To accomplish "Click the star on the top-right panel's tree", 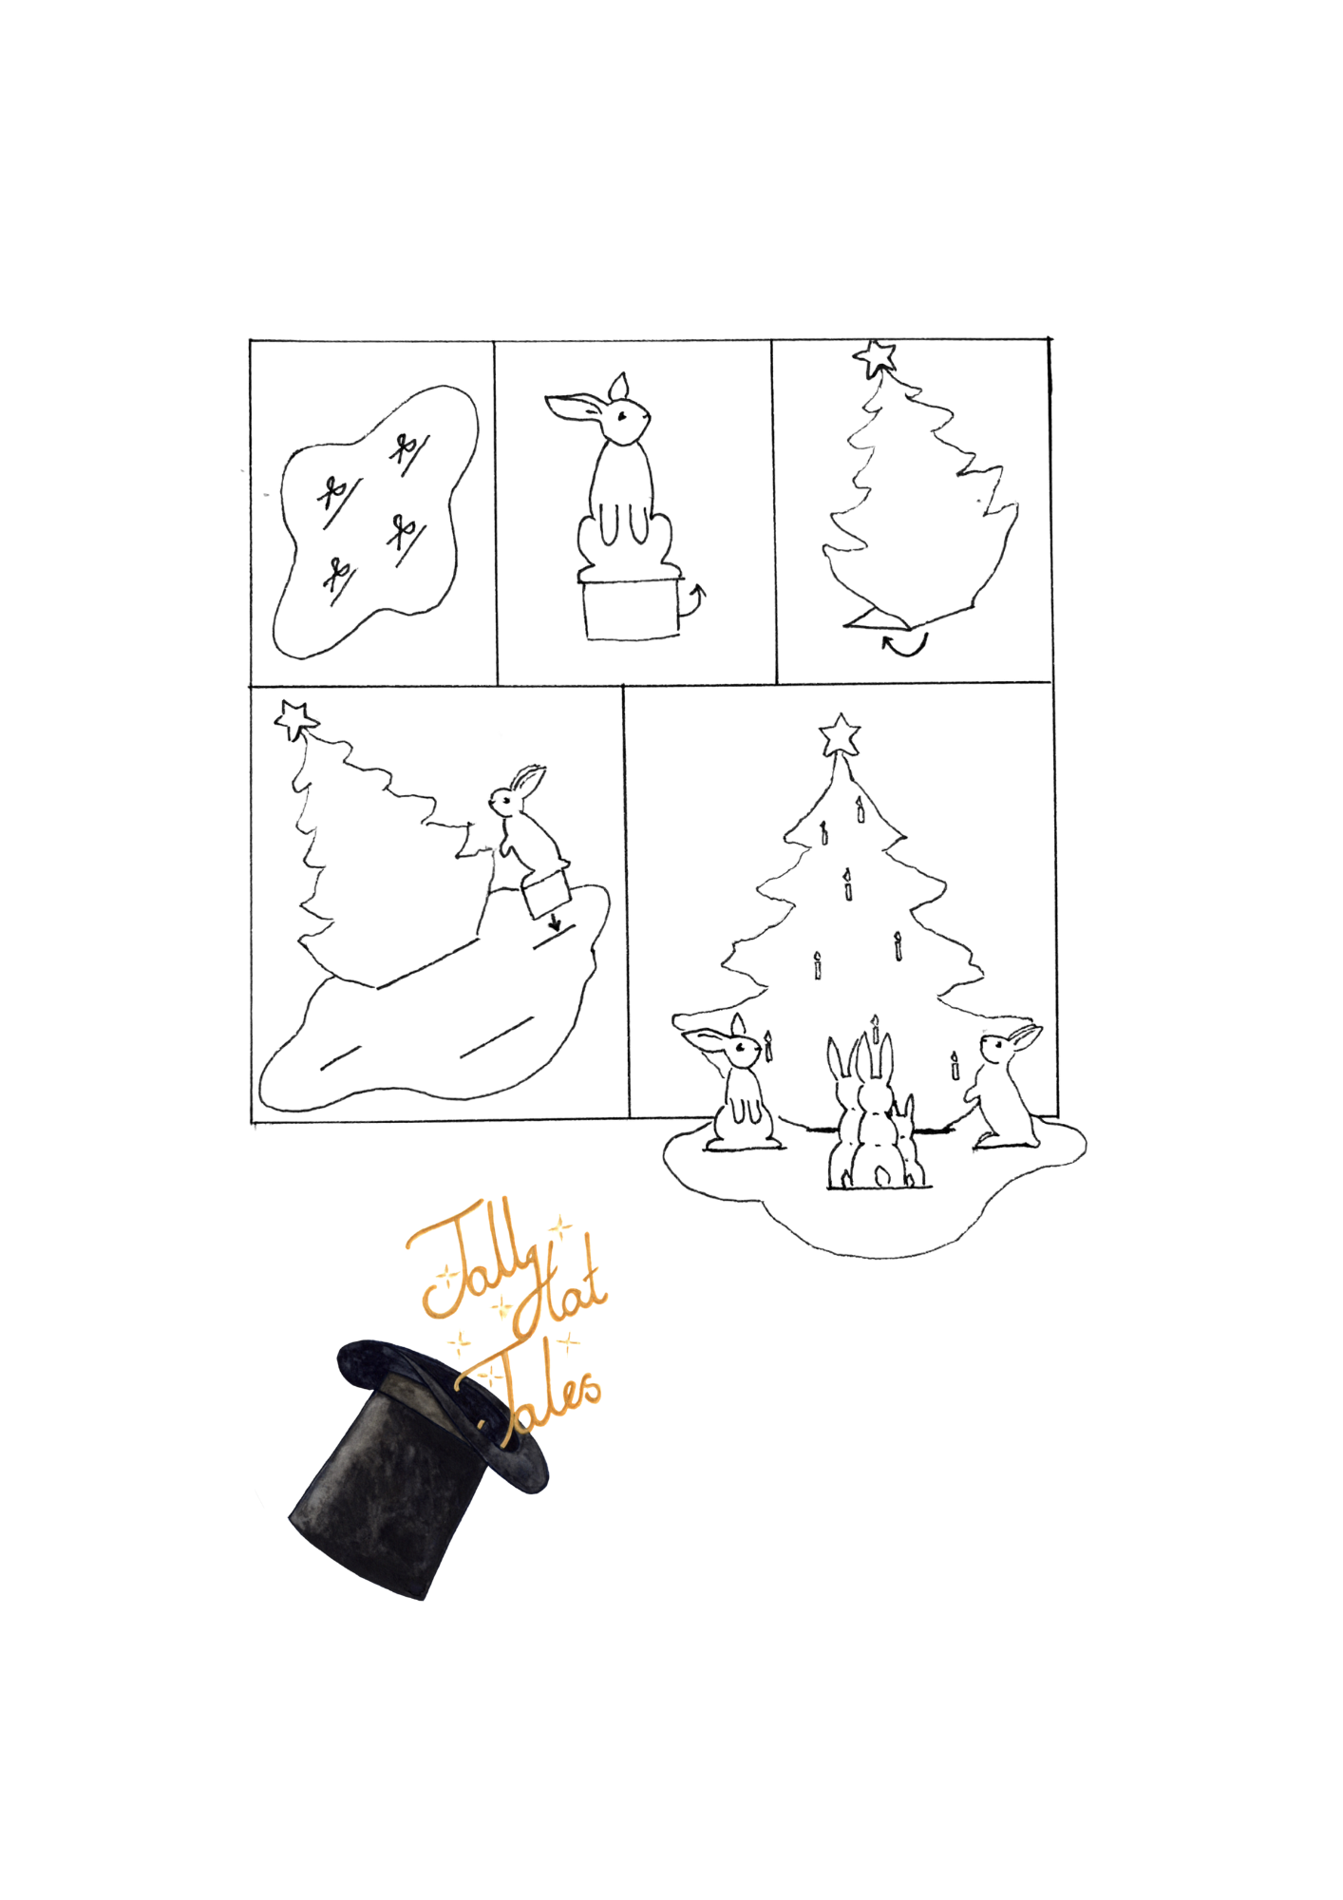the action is point(876,358).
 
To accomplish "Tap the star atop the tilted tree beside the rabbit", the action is point(295,719).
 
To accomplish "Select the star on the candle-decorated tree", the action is point(841,736).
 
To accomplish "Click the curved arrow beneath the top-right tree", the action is point(904,646).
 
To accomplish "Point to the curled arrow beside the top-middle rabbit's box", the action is point(693,599).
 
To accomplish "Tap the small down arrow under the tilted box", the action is point(555,921).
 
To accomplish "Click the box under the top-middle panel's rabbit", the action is point(632,608).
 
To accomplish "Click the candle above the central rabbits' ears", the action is point(875,1028).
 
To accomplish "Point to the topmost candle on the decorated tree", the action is point(860,808).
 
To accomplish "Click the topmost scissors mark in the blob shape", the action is point(409,448).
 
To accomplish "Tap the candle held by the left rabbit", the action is point(768,1046).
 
